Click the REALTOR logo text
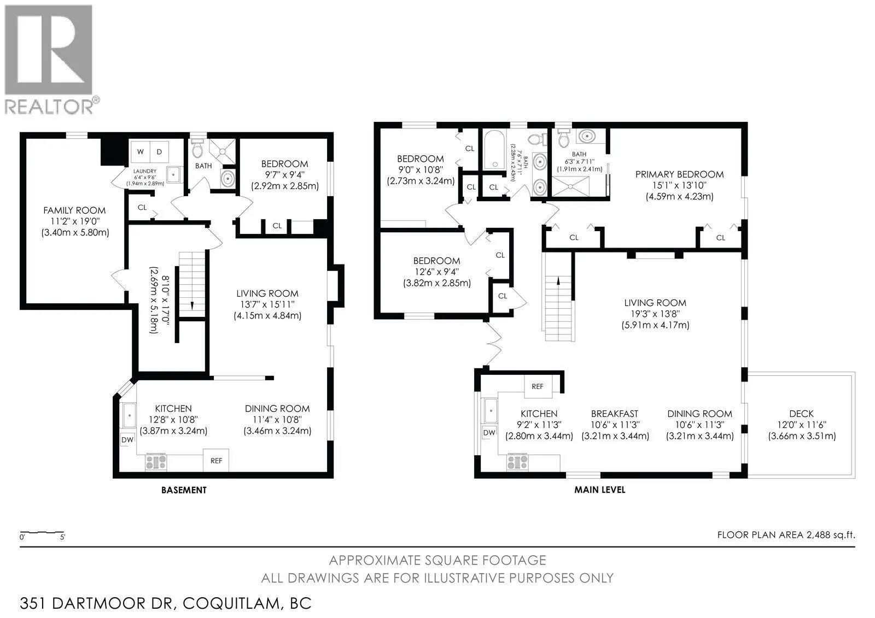tap(49, 107)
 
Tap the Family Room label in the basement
tap(74, 210)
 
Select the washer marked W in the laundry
tap(140, 152)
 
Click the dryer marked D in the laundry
tap(159, 152)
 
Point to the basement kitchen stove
tap(156, 462)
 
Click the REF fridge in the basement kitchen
tap(216, 461)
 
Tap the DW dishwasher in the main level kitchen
tap(489, 433)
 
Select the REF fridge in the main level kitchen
tap(538, 386)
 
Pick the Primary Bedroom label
tap(679, 174)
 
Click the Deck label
tap(802, 414)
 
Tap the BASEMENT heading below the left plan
tap(184, 490)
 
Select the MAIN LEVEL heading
tap(599, 490)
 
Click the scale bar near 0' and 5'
tap(42, 533)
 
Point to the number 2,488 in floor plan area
tap(818, 535)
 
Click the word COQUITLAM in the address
tap(232, 604)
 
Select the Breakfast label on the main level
tap(615, 414)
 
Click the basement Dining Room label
tap(277, 409)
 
